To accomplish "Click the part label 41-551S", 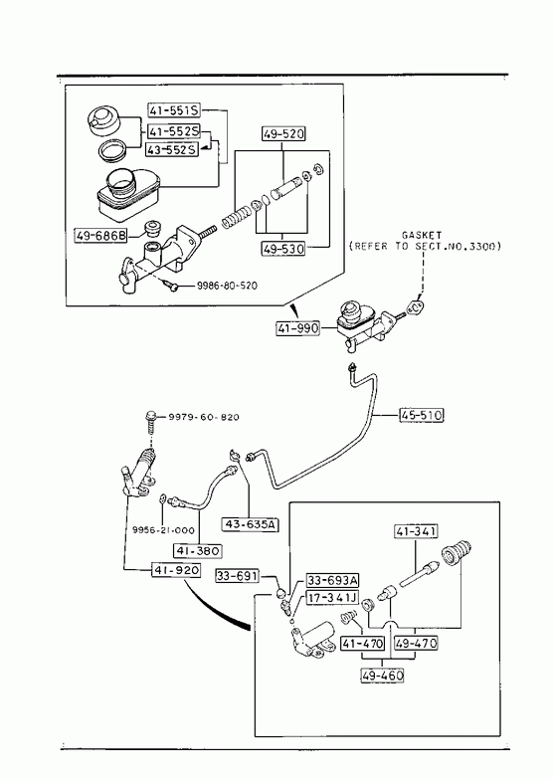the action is click(174, 109).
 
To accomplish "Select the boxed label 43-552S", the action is click(171, 149).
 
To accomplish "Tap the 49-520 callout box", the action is click(283, 133).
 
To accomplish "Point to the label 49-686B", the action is click(100, 235).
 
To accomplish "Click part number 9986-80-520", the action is click(227, 286).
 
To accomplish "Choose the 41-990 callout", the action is click(297, 328).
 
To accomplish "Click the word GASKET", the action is click(421, 234).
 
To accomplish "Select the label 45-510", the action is click(421, 415).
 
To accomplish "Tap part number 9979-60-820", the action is click(203, 417).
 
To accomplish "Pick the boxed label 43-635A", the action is click(250, 524).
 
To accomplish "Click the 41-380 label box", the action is click(198, 551).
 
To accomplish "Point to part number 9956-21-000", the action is click(163, 530).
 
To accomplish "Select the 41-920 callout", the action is click(176, 570).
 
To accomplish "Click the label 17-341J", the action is click(331, 597).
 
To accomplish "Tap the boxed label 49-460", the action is click(382, 676).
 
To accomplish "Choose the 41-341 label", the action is click(416, 531).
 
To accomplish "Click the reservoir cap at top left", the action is click(103, 120).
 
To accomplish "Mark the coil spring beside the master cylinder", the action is click(236, 217).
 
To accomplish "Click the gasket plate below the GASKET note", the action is click(416, 307).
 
